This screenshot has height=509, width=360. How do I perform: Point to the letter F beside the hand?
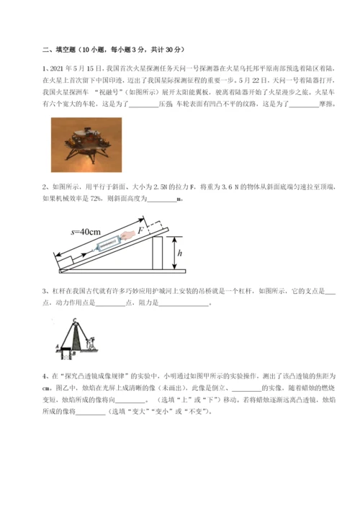click(x=142, y=228)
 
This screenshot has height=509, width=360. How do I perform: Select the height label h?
click(x=179, y=253)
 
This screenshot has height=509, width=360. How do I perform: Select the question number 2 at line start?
click(x=45, y=188)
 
